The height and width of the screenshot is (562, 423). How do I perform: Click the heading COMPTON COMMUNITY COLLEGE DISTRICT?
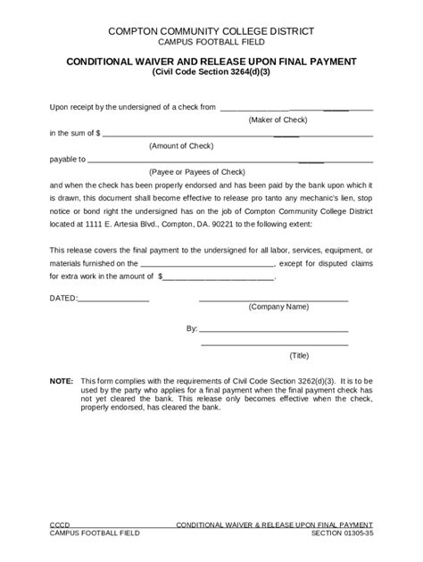[x=211, y=31]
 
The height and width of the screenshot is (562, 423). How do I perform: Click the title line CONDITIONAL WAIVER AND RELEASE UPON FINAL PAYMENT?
[x=211, y=62]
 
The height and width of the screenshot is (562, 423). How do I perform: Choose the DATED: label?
[x=63, y=295]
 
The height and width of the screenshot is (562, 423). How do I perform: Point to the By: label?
[x=191, y=328]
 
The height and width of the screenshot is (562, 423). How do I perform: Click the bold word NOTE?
[x=62, y=380]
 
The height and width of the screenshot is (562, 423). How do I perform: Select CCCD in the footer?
[x=59, y=524]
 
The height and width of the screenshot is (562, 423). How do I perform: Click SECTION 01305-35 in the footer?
[x=343, y=533]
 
